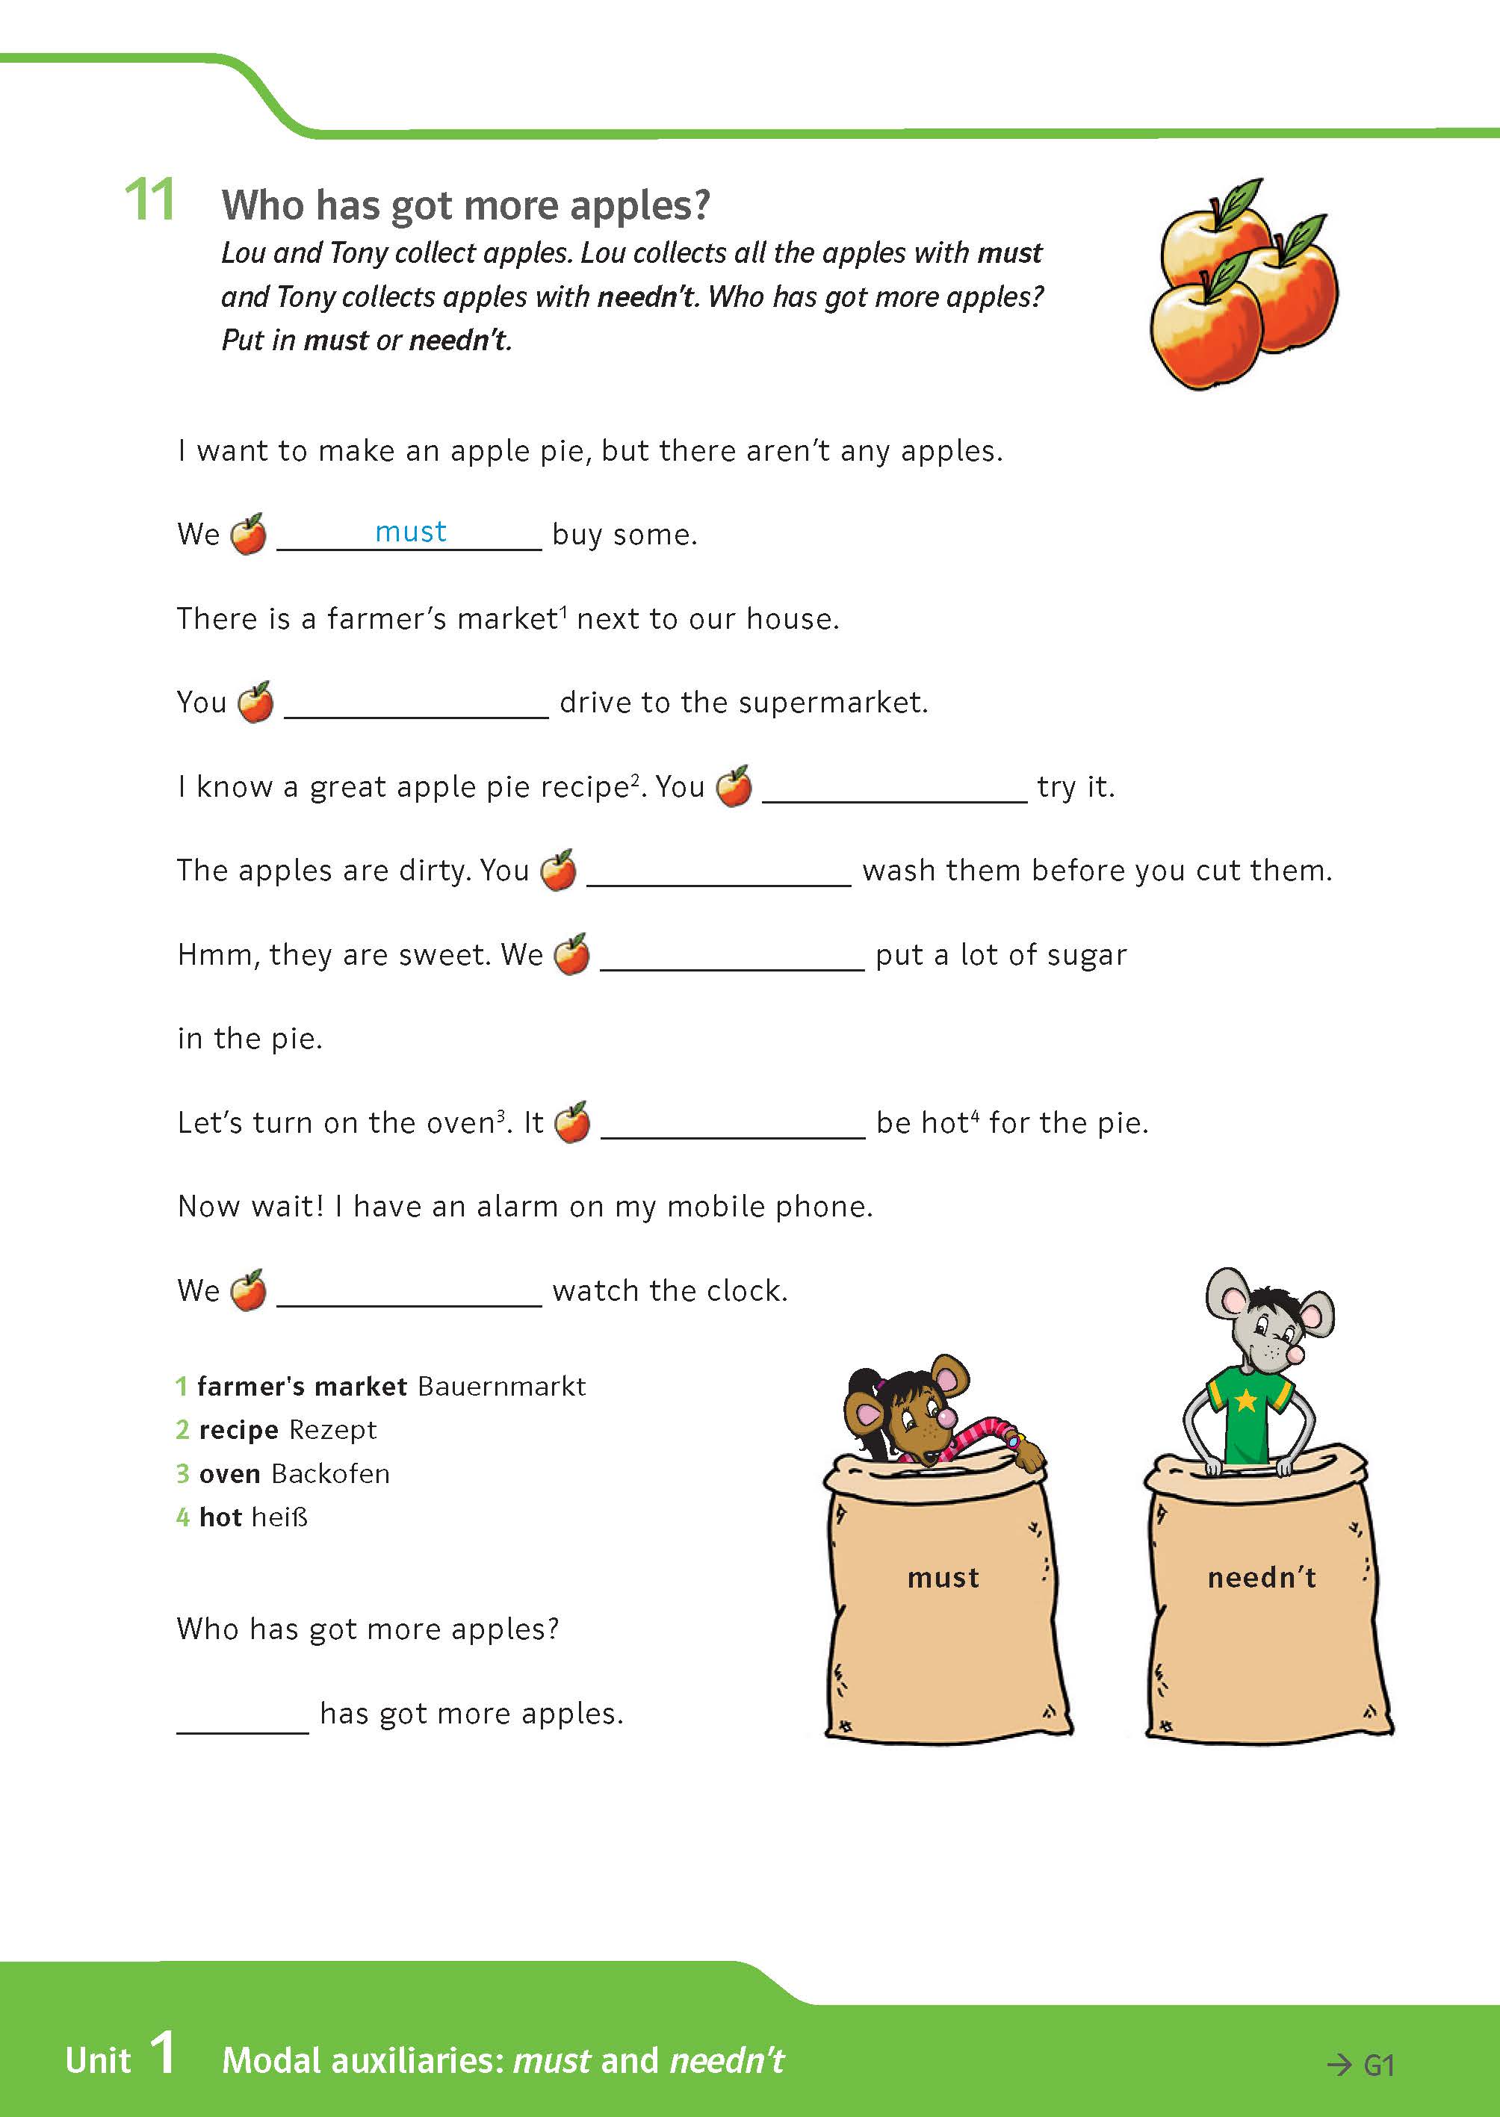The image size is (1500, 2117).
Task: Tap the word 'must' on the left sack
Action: pos(942,1577)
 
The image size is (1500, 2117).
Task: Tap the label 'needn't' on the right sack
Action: pos(1262,1577)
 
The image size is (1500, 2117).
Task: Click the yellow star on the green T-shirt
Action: pos(1246,1401)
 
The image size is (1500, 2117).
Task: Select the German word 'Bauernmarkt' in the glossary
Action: pos(501,1386)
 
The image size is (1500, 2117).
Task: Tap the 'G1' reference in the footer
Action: pos(1378,2065)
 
